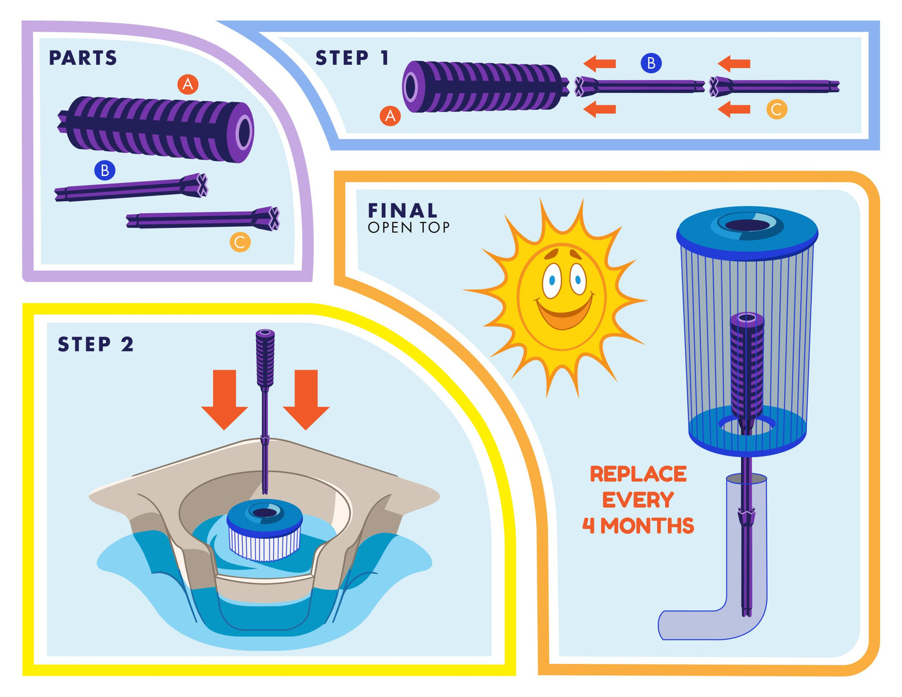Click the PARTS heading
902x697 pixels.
point(83,58)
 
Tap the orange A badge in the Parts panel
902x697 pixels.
point(187,84)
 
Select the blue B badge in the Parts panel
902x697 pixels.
point(105,170)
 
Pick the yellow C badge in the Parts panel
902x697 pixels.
point(240,242)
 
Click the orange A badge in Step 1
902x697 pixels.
point(390,116)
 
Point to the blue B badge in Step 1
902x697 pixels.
point(650,63)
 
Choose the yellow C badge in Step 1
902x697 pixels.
point(777,109)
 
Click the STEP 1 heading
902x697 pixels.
point(352,58)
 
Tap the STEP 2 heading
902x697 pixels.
point(96,344)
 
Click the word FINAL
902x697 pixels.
point(403,210)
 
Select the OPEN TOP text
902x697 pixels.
point(408,228)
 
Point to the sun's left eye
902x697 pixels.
point(551,281)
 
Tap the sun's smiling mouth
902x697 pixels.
point(564,312)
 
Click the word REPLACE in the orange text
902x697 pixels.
point(638,474)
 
